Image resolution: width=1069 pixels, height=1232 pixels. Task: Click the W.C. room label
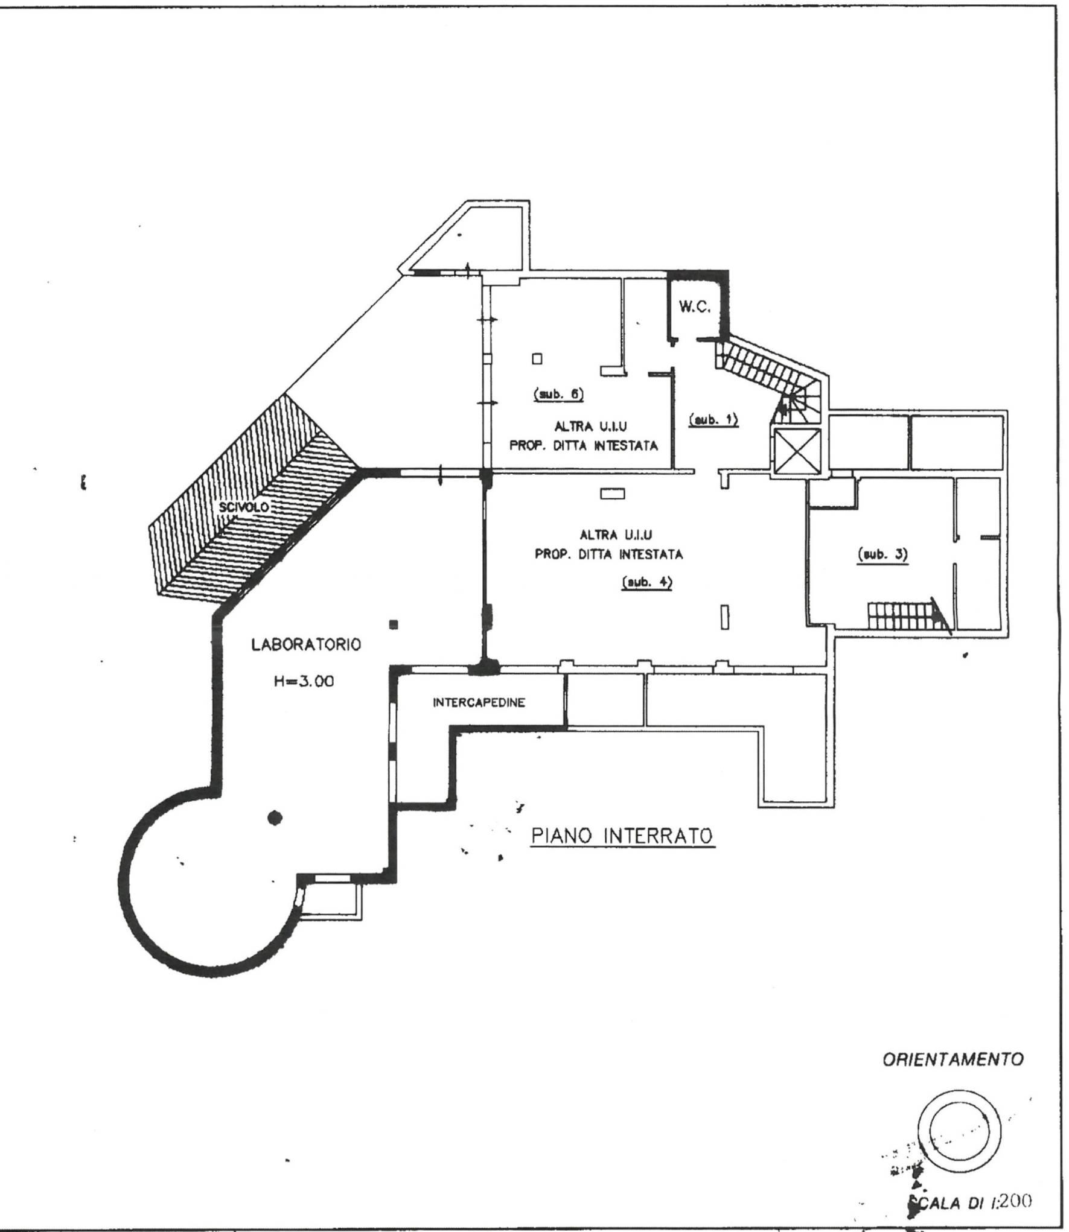click(695, 308)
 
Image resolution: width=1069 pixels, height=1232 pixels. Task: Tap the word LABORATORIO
click(306, 644)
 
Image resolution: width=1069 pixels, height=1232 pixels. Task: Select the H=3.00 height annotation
click(301, 682)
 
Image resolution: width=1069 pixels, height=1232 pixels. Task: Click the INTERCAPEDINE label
click(479, 702)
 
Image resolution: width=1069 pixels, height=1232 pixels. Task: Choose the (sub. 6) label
click(558, 394)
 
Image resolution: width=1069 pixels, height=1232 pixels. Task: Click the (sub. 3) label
click(882, 554)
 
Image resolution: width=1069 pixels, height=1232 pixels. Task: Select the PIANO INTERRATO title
click(622, 836)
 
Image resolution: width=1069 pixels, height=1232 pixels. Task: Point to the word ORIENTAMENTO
click(953, 1059)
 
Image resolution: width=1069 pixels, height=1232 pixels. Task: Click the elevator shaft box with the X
click(797, 452)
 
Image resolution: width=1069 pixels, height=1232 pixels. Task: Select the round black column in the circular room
click(275, 818)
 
